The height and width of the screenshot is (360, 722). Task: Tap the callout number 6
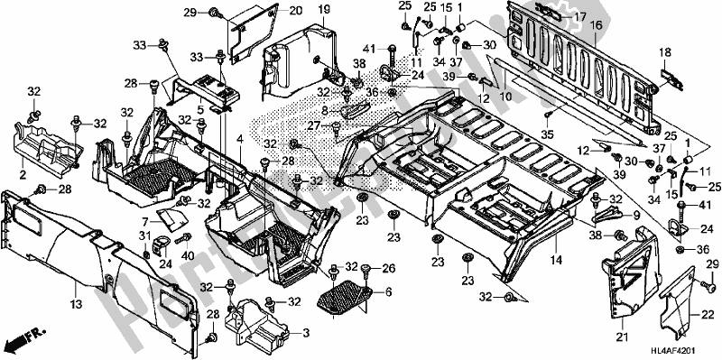388,293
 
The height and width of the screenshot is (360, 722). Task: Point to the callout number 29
190,12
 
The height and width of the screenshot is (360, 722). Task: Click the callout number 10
506,95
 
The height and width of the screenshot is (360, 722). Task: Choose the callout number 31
143,235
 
